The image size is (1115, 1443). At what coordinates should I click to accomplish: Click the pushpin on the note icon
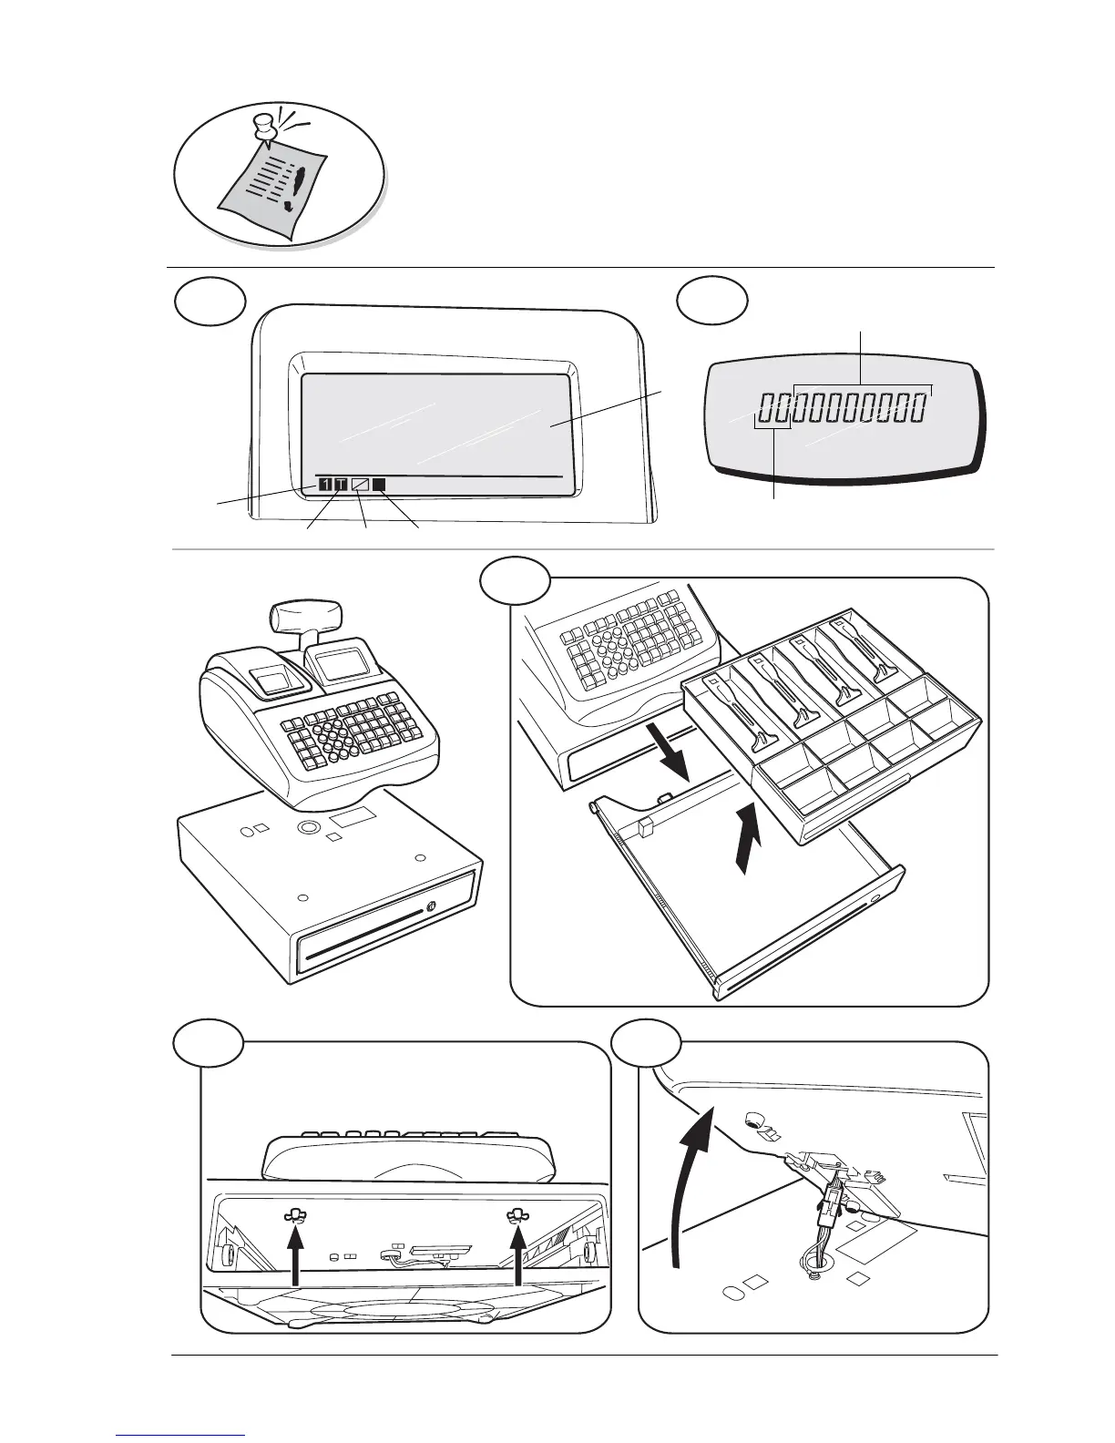pyautogui.click(x=265, y=127)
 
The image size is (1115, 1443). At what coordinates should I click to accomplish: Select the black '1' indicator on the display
pyautogui.click(x=325, y=485)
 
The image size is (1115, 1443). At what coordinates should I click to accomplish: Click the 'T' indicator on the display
pyautogui.click(x=341, y=485)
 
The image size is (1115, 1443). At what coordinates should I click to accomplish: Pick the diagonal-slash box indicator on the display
pyautogui.click(x=360, y=485)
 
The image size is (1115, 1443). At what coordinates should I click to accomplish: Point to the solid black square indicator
pyautogui.click(x=379, y=485)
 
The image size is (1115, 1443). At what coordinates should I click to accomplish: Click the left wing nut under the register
pyautogui.click(x=294, y=1214)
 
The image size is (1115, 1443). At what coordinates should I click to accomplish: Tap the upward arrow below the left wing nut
pyautogui.click(x=294, y=1258)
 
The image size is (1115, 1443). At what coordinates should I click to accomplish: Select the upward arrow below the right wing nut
pyautogui.click(x=518, y=1258)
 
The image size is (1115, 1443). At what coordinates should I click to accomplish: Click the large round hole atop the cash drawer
pyautogui.click(x=308, y=827)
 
